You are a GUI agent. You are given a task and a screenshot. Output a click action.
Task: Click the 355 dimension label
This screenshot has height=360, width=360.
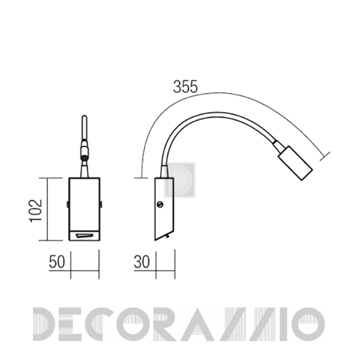185,87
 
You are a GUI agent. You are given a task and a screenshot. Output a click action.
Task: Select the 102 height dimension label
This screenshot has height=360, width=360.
36,211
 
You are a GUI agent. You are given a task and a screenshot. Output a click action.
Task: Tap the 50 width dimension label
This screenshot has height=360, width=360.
57,262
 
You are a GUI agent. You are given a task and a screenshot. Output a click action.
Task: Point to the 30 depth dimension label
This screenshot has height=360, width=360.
142,262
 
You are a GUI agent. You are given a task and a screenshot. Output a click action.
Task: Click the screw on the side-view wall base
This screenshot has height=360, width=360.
160,204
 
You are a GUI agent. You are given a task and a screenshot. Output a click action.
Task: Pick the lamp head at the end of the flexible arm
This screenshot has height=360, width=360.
295,163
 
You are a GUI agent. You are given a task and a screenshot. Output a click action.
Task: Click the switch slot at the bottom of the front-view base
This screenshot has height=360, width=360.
85,235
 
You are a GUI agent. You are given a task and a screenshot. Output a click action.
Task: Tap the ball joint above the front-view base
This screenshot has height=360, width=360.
84,158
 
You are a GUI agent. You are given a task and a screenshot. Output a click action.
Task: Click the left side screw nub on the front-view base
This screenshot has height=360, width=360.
68,204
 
